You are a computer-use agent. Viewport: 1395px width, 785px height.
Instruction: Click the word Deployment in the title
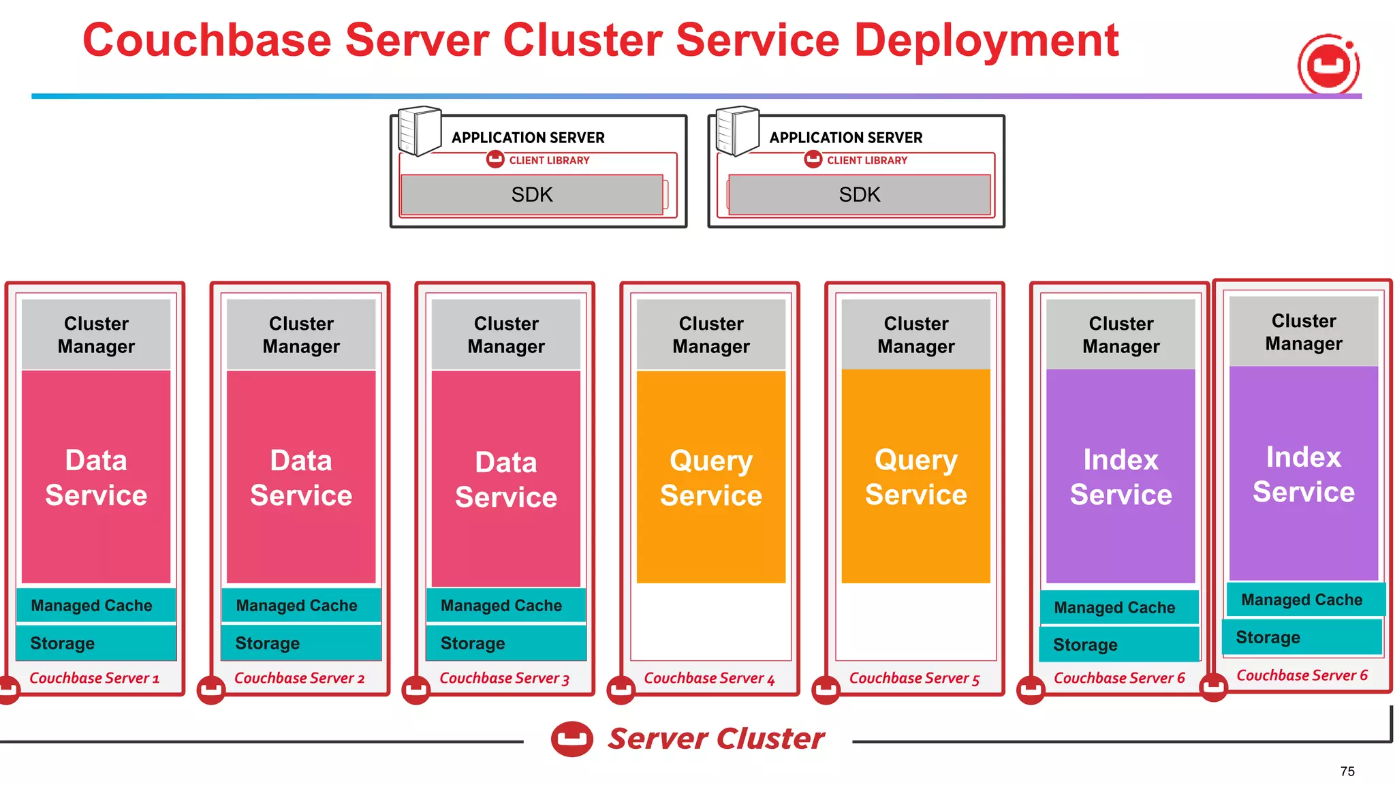click(986, 41)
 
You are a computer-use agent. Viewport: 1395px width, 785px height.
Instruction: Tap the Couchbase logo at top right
click(1328, 65)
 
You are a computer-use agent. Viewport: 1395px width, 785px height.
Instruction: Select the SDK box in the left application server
click(532, 195)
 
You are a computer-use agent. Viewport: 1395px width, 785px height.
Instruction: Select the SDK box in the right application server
click(859, 195)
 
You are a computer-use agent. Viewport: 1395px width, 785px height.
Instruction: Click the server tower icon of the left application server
click(419, 131)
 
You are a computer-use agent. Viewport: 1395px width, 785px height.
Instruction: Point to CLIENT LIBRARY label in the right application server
click(866, 160)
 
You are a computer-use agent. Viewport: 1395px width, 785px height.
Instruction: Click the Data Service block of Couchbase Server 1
click(96, 477)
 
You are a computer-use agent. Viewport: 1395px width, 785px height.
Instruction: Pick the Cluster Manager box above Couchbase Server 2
click(301, 335)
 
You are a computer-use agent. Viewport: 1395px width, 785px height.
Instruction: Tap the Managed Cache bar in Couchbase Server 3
click(505, 605)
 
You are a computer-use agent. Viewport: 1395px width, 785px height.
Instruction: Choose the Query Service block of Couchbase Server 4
click(710, 477)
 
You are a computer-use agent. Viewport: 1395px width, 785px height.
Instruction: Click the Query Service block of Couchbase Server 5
click(915, 477)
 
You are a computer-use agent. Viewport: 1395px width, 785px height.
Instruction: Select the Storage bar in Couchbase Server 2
click(301, 643)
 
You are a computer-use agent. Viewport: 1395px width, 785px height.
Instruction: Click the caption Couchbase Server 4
click(709, 678)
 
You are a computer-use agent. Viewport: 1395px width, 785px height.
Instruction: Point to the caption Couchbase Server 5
click(914, 678)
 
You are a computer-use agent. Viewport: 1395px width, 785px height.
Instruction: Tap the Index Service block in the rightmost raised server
click(1303, 474)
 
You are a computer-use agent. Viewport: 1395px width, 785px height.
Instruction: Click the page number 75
click(1347, 771)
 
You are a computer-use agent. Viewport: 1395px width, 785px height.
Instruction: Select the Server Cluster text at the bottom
click(715, 739)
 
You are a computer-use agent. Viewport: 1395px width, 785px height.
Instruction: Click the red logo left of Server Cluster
click(571, 739)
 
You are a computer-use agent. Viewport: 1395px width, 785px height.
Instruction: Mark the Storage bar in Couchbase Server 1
click(96, 643)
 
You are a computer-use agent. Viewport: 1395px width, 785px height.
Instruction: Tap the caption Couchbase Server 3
click(504, 678)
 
